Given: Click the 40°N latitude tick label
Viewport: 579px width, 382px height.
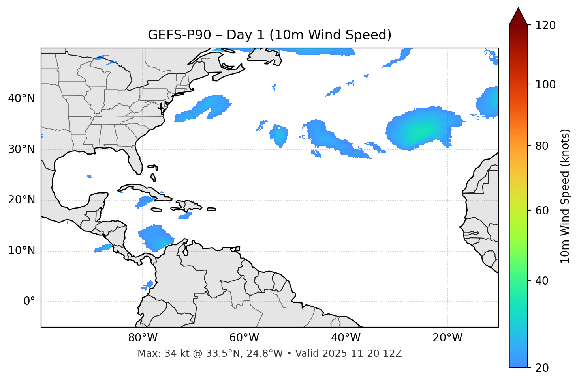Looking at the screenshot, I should click(x=21, y=99).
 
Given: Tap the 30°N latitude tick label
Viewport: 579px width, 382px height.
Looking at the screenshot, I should click(x=21, y=149).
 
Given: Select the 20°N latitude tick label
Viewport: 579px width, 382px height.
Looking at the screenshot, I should click(x=21, y=200).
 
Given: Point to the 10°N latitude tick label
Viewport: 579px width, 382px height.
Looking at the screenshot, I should click(x=21, y=251).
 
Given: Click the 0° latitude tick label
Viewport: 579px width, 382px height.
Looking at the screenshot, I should click(x=29, y=302).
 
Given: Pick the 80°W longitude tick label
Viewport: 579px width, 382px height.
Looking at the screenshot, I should click(x=143, y=338).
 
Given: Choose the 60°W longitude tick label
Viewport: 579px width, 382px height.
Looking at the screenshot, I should click(x=244, y=338).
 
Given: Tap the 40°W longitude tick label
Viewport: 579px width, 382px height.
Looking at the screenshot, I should click(x=346, y=338).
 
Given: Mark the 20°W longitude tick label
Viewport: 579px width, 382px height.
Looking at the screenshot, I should click(x=447, y=338).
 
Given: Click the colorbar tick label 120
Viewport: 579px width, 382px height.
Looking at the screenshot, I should click(x=545, y=26).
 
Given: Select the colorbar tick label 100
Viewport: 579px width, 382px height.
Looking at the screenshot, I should click(x=545, y=84).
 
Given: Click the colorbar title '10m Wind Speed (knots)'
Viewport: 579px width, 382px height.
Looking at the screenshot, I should click(x=565, y=196).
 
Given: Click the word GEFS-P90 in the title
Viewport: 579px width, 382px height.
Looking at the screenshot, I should click(x=174, y=35).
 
